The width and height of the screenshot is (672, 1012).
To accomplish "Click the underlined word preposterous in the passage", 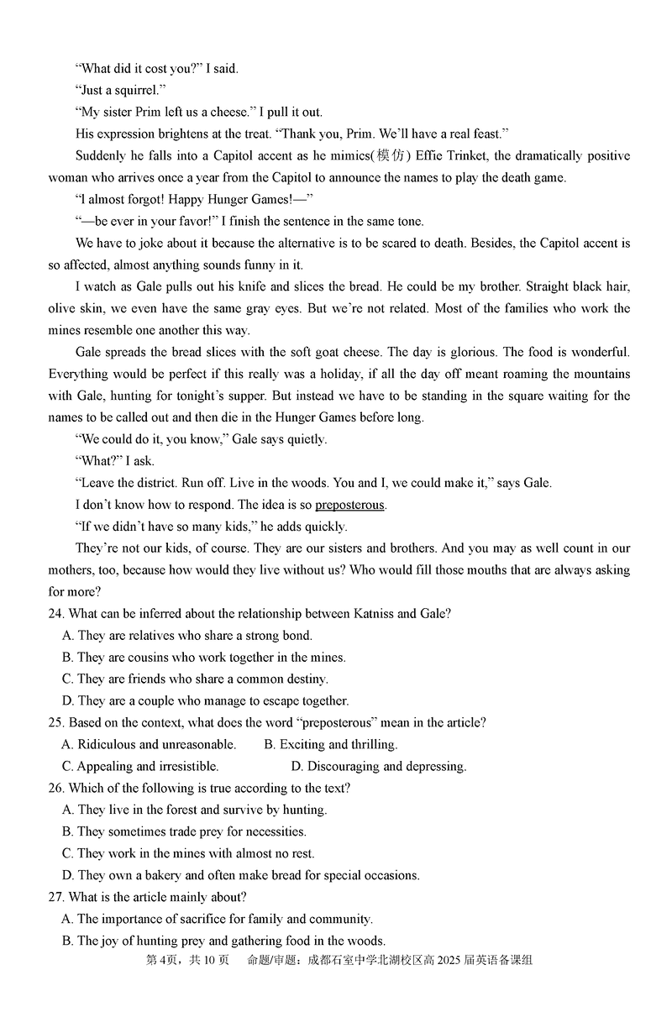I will tap(349, 505).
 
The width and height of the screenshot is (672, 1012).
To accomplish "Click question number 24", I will tap(56, 613).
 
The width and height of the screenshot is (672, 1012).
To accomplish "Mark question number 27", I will tap(56, 897).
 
